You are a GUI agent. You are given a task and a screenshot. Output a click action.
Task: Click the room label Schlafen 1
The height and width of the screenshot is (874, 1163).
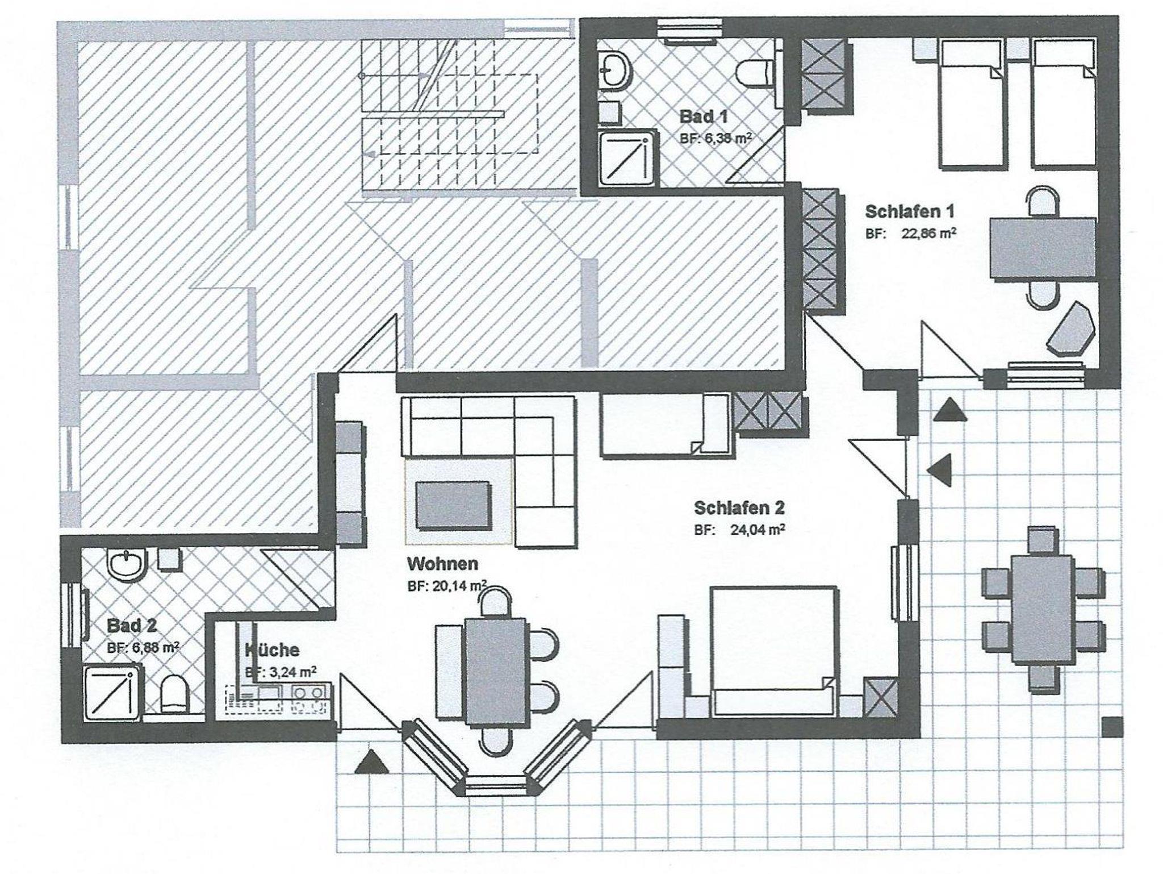point(909,211)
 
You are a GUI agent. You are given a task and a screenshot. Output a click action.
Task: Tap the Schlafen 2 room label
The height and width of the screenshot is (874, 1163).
point(739,507)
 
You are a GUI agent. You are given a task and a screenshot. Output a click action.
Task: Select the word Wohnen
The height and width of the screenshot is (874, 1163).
point(442,564)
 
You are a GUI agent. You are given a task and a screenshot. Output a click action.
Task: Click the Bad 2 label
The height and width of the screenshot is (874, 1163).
point(132,626)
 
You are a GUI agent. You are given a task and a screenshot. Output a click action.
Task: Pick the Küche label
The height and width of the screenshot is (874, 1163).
point(272,649)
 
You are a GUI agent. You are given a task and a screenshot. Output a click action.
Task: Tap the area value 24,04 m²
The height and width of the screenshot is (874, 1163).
point(758,530)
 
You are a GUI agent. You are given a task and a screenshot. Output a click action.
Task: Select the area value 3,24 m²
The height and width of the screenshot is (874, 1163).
point(288,672)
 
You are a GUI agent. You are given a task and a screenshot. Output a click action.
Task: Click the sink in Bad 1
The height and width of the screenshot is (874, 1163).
point(614,70)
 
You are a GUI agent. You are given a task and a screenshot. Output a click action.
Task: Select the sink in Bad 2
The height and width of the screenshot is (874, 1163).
point(127,565)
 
